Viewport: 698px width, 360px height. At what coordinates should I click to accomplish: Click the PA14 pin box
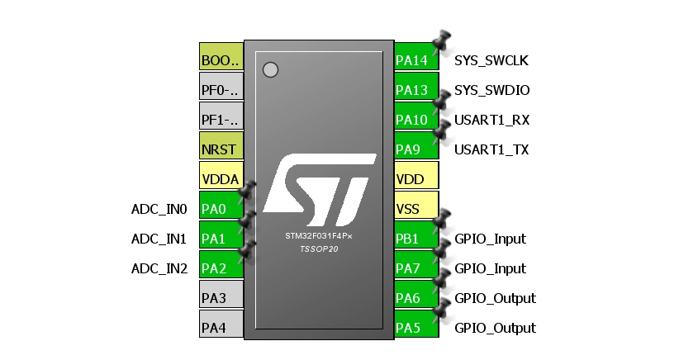coord(415,60)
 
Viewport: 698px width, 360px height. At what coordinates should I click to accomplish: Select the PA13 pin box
coord(415,90)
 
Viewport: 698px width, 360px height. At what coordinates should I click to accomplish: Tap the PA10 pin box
coord(415,120)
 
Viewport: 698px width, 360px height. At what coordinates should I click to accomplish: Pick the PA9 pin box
coord(415,149)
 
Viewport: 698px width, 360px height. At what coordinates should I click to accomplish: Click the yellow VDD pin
coord(415,179)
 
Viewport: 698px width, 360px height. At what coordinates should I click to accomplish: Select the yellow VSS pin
coord(415,209)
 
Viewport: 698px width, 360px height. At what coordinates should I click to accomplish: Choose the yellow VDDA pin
coord(221,179)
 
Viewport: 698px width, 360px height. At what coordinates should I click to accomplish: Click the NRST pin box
coord(221,149)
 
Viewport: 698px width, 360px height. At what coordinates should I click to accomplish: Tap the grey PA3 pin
coord(221,298)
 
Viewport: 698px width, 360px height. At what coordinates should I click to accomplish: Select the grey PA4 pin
coord(221,328)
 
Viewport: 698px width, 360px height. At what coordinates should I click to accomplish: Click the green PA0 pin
coord(221,209)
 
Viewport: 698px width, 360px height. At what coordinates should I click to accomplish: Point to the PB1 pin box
coord(415,239)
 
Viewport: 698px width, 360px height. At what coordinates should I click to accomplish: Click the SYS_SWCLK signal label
coord(491,60)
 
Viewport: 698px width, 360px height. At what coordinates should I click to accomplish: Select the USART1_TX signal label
coord(491,149)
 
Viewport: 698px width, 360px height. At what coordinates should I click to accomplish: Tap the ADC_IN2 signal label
coord(159,268)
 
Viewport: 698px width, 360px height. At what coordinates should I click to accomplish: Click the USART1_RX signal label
coord(491,120)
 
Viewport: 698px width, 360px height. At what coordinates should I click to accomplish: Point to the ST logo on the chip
coord(318,189)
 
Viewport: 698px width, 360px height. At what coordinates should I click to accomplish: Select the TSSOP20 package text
coord(319,249)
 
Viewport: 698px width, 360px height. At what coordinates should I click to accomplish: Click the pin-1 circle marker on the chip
coord(270,69)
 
